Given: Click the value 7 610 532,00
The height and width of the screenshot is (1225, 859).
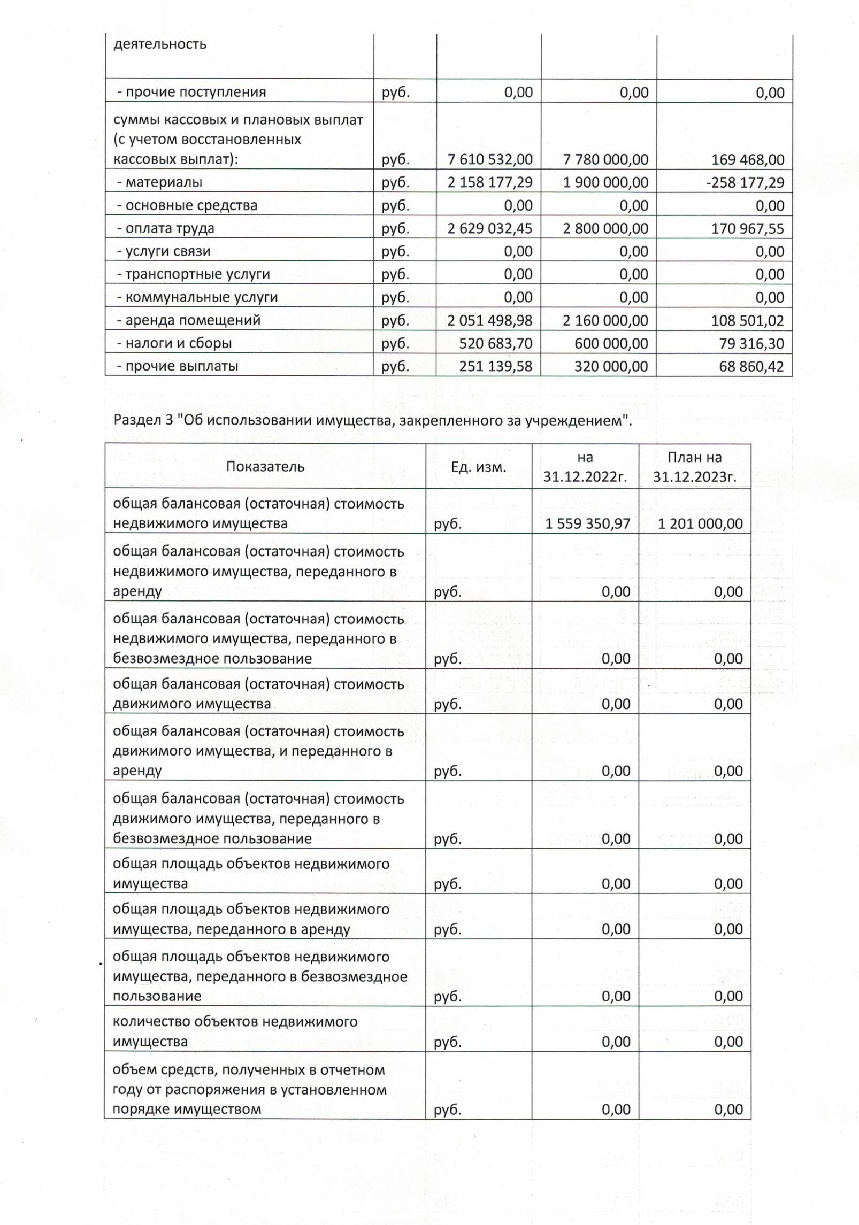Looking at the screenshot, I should coord(490,159).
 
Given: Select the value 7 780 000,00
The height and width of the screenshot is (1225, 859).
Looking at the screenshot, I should coord(605,159).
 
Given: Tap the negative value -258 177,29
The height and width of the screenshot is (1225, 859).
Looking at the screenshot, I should coord(745,182).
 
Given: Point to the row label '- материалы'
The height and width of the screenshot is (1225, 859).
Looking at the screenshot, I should coord(160,182).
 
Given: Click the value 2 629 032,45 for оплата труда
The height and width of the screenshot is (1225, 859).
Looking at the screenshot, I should coord(490,228).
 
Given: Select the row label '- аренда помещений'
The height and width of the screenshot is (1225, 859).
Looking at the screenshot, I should coord(189,320).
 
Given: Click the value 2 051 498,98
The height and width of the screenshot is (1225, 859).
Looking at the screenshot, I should coord(490,320).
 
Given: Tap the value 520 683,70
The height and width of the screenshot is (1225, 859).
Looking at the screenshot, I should coord(495,343).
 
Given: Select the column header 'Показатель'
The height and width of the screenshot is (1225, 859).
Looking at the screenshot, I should coord(265,466).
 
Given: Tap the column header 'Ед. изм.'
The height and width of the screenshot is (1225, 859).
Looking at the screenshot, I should coord(479,467).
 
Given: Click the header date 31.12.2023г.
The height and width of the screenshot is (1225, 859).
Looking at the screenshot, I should coord(694,476).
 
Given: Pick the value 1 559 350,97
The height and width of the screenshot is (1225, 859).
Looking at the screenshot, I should coord(587,523).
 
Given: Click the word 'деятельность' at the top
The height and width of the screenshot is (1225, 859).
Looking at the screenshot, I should coord(159,44).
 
